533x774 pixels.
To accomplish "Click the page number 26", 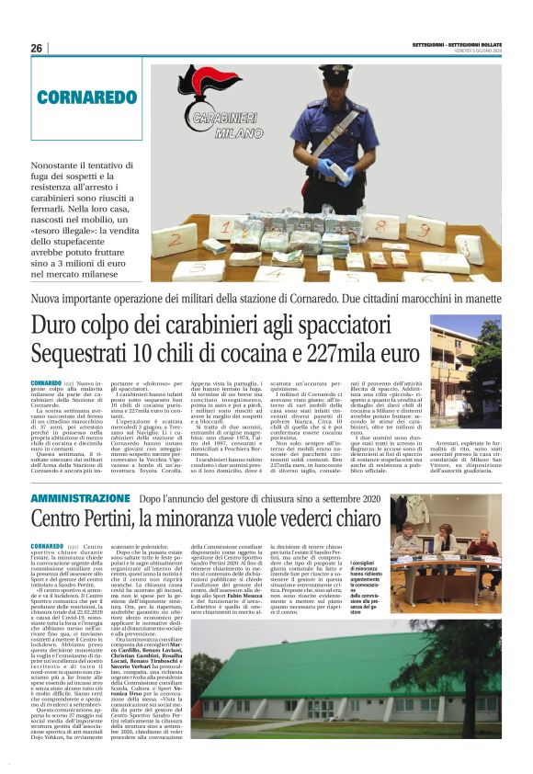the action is pos(36,48).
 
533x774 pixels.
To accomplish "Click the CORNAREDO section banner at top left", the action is pos(87,97).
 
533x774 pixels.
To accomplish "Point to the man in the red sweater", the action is pos(483,533).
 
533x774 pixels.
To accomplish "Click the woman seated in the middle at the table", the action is pos(445,538).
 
